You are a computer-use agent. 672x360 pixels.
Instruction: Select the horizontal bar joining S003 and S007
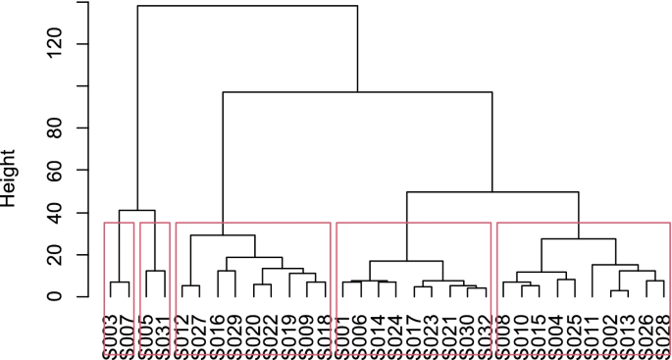[119, 283]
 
